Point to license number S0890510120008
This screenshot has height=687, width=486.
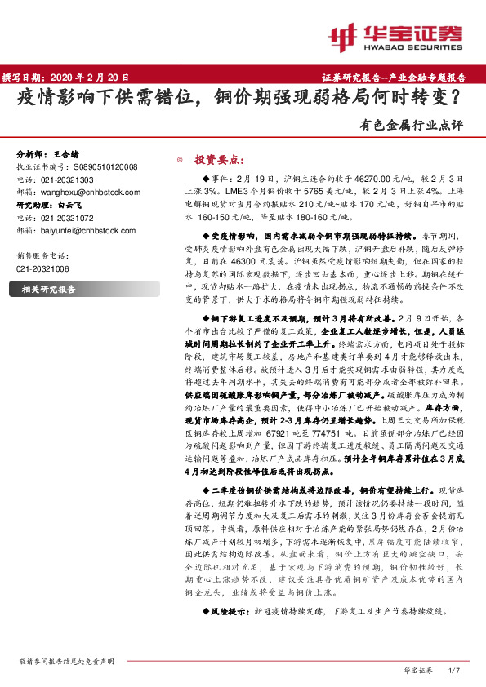[x=107, y=166]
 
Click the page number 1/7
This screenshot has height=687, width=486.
[x=456, y=670]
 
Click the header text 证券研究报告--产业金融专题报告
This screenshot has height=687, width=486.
[x=399, y=78]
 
